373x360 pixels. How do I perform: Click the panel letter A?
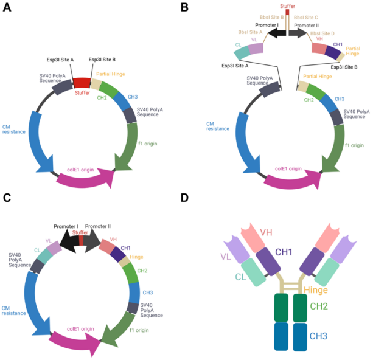tap(7, 7)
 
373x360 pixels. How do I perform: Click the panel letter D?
tap(184, 198)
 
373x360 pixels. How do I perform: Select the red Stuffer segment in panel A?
tap(82, 83)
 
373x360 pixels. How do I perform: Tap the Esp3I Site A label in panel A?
tap(60, 60)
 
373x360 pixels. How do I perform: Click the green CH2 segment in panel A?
tap(108, 89)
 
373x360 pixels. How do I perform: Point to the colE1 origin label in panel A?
tap(80, 170)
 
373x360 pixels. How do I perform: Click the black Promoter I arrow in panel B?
tap(277, 33)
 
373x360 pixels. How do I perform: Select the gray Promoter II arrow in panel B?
tap(298, 33)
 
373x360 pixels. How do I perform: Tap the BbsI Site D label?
tap(322, 33)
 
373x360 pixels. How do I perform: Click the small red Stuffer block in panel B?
tap(287, 12)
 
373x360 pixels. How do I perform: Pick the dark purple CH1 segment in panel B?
tap(333, 52)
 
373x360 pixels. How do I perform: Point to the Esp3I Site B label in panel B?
tap(344, 67)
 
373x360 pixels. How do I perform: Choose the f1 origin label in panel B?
tap(355, 145)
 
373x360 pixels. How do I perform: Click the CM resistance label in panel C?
tap(13, 311)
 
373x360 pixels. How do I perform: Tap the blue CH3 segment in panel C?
tap(134, 292)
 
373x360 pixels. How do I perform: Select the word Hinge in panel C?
tap(136, 257)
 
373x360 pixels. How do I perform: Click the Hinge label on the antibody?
tap(316, 290)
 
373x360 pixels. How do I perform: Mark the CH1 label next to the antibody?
tap(284, 252)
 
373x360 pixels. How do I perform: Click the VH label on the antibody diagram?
tap(266, 232)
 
